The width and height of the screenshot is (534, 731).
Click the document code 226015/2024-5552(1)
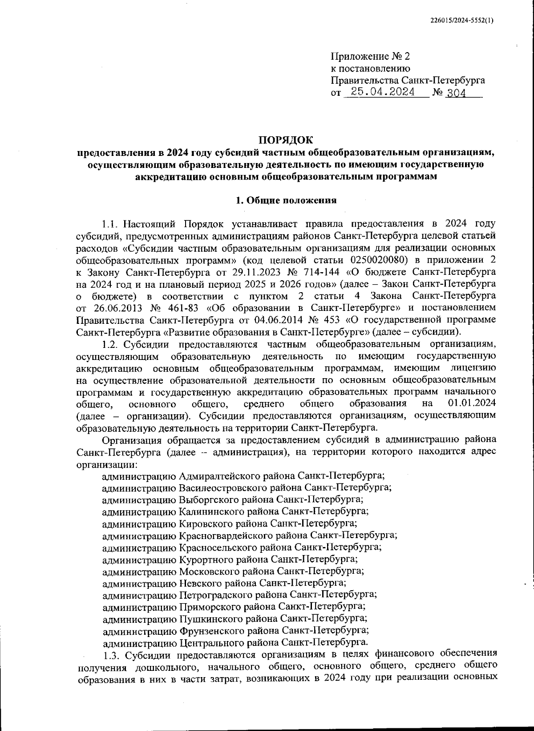coord(462,20)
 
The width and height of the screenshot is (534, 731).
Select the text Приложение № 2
coord(370,57)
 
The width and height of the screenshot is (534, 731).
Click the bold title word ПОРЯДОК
coord(286,140)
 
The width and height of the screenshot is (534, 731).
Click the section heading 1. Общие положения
coord(286,200)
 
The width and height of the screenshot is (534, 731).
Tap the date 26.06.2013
coord(117,308)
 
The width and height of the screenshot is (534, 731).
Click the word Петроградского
coord(213,595)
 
